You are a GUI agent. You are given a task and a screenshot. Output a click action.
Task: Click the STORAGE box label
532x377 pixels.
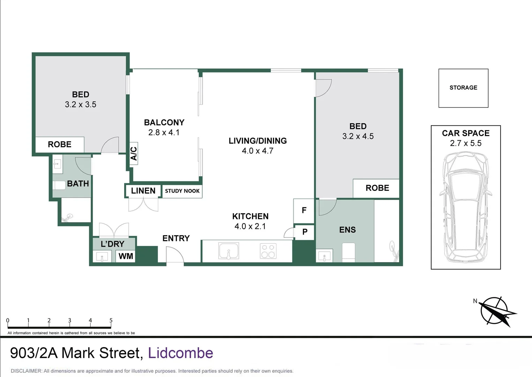pos(463,88)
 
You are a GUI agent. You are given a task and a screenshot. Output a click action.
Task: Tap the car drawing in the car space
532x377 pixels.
pos(466,207)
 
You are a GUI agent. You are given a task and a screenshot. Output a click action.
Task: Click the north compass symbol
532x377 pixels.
pos(494,310)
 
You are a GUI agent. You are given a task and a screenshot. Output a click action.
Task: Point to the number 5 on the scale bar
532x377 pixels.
pos(111,320)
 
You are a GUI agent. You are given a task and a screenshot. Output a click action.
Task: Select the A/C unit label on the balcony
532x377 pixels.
pos(134,154)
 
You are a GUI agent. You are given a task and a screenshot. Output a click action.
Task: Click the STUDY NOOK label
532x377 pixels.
pos(182,191)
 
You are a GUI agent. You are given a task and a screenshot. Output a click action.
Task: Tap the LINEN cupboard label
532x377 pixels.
pos(143,191)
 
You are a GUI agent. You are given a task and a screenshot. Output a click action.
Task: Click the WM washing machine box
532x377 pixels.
pos(126,256)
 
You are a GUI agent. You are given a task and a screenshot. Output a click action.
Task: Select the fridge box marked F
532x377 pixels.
pos(304,210)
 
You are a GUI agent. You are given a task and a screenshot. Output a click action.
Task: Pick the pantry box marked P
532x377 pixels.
pos(305,232)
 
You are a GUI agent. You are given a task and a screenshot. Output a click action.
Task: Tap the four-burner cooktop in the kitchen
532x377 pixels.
pos(268,251)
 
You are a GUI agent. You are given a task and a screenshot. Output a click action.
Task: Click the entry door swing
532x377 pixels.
pos(174,255)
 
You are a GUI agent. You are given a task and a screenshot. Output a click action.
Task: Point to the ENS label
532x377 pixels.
pos(347,230)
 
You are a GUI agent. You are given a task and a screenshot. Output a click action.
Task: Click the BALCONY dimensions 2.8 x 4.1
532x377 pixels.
pos(164,133)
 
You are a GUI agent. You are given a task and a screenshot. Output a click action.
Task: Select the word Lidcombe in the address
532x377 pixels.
pos(181,353)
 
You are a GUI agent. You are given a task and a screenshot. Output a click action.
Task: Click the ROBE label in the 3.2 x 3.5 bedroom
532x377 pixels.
pos(60,145)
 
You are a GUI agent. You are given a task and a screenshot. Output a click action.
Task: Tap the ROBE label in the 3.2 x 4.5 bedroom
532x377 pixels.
pos(377,188)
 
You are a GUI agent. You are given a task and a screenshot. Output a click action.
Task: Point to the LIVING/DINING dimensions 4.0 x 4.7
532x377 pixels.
pos(258,151)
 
